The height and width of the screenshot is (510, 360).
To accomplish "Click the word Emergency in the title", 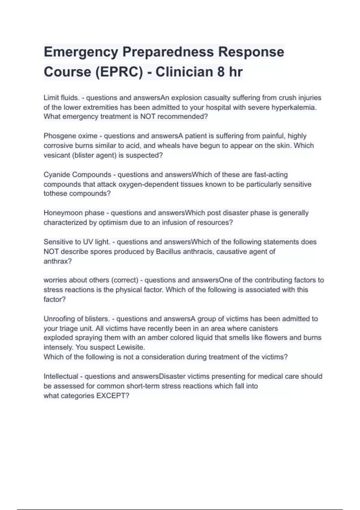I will [81, 52].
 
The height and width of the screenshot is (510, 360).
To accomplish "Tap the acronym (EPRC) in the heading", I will [119, 72].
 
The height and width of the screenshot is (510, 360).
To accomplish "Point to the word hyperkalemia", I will [294, 107].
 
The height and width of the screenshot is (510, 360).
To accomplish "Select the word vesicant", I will [57, 155].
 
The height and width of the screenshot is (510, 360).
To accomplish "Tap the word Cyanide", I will [57, 175].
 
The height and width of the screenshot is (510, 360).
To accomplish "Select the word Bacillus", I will [168, 251].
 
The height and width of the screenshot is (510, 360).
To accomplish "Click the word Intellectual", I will [61, 376].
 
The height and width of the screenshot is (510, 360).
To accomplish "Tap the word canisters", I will [262, 328].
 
